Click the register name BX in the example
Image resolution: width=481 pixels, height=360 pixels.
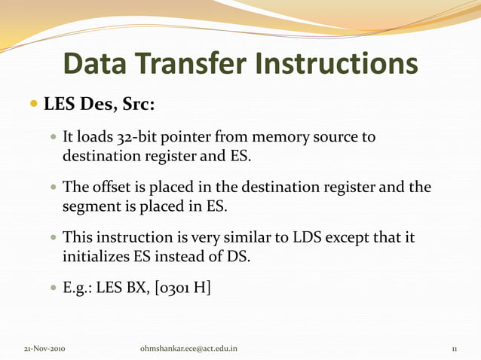click(x=140, y=288)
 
